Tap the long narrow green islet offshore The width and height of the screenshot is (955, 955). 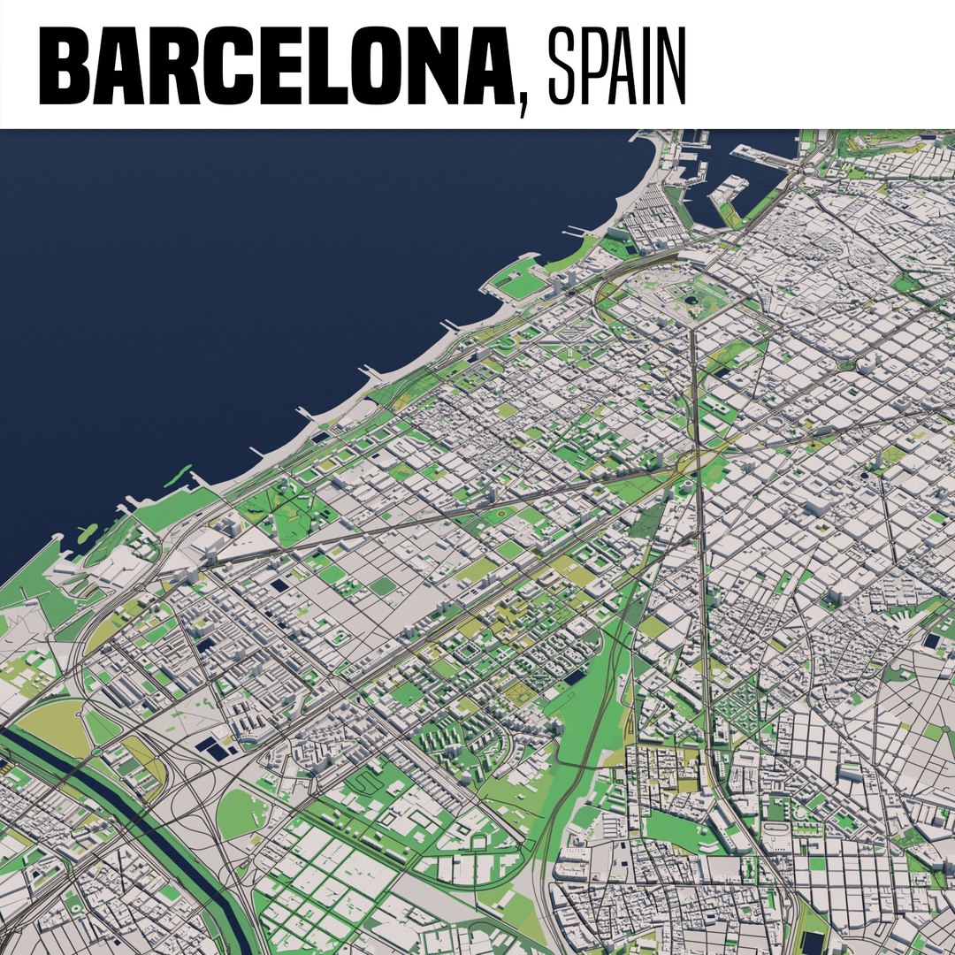tap(177, 476)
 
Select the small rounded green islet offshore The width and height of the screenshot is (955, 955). tap(87, 533)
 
